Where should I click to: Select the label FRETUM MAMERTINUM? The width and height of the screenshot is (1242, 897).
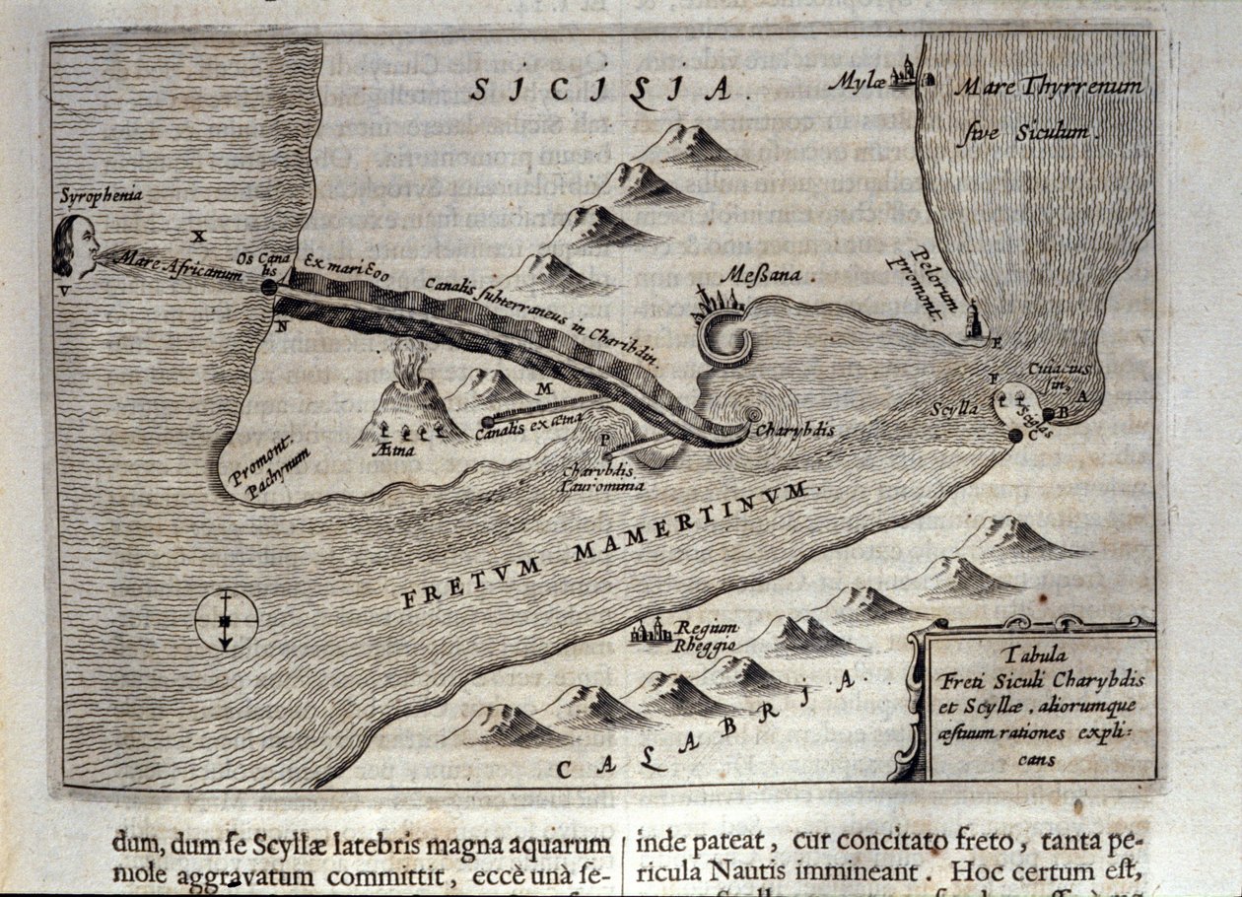coord(605,543)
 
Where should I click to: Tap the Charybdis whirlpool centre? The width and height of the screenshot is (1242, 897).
coord(753,415)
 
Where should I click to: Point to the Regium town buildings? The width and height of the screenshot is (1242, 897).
coord(652,630)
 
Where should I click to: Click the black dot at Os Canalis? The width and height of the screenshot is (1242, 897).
coord(269,287)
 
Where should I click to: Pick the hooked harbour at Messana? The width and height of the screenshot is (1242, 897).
coord(726,340)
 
